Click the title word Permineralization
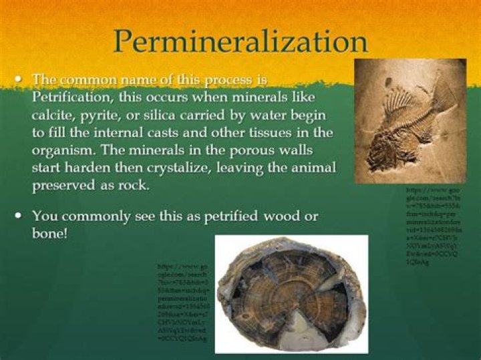[x=240, y=41]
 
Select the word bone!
[x=50, y=234]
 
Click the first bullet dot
[x=18, y=79]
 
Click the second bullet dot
[x=18, y=216]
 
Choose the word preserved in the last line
[x=65, y=185]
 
